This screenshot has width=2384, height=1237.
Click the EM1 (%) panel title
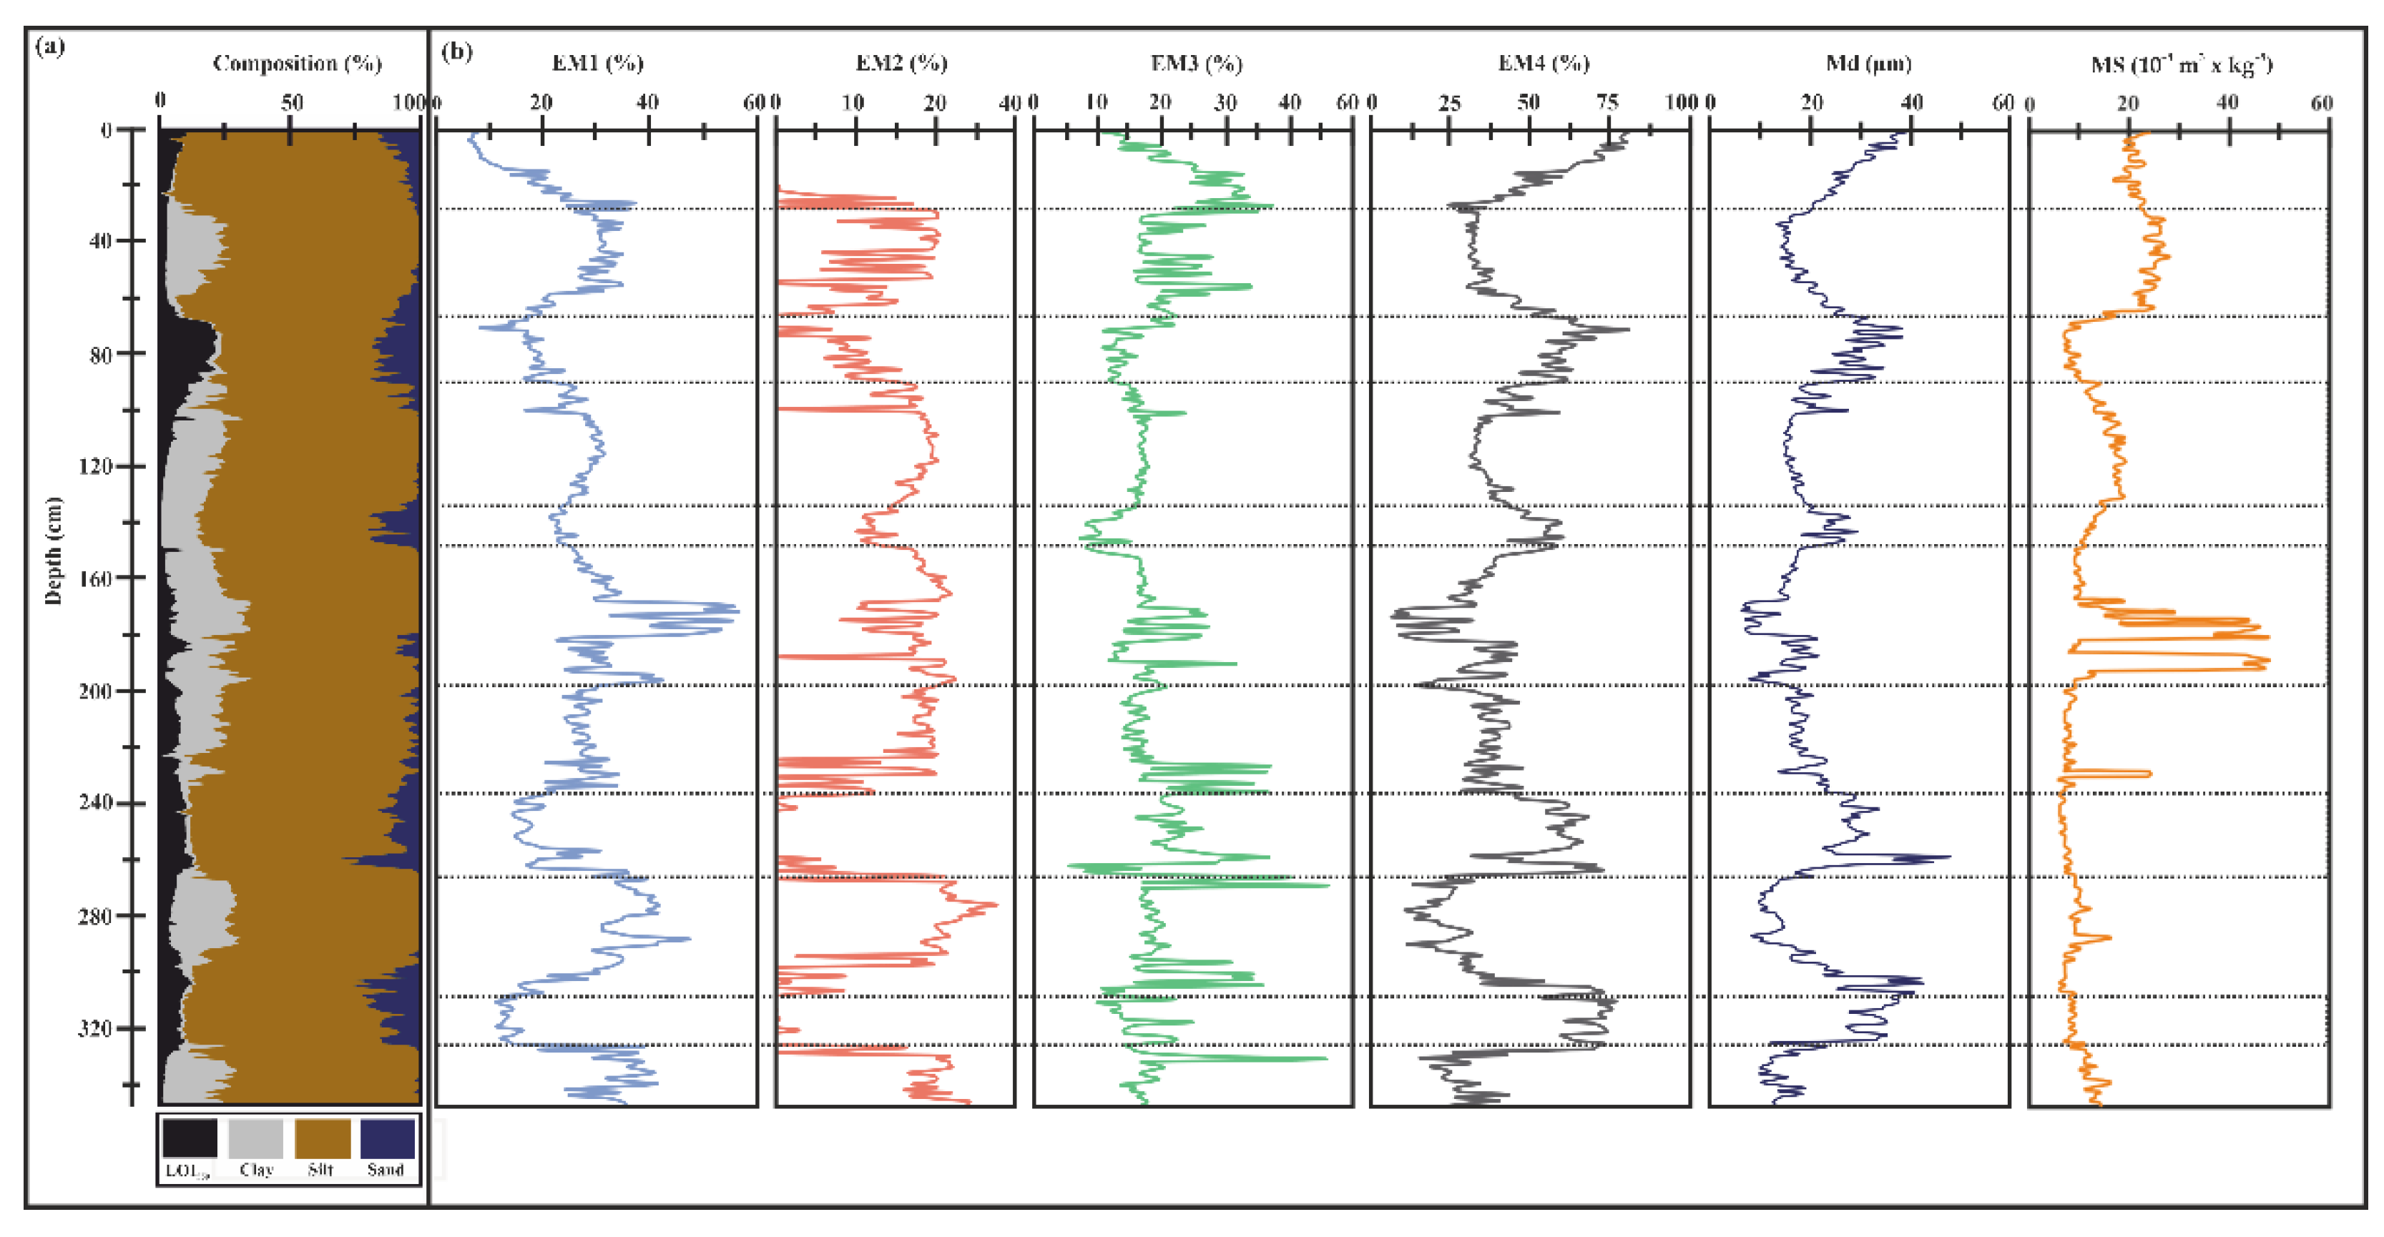[x=598, y=63]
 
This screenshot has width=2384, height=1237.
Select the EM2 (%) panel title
[x=901, y=63]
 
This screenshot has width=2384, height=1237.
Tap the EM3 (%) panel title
[x=1196, y=63]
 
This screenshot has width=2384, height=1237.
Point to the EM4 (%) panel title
[x=1544, y=63]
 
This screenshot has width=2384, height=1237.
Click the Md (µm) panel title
[x=1868, y=63]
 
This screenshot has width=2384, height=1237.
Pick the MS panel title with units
[x=2180, y=64]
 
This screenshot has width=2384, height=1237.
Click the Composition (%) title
[x=297, y=63]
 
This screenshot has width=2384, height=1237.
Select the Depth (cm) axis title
[x=54, y=551]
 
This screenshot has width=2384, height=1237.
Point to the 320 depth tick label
[x=95, y=1029]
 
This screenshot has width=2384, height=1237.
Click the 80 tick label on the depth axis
[x=101, y=355]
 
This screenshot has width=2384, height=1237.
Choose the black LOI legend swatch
[x=190, y=1138]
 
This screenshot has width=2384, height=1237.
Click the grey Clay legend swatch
[x=255, y=1138]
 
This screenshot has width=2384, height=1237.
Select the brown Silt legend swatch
[x=322, y=1138]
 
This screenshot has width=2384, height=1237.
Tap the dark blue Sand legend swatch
[x=387, y=1138]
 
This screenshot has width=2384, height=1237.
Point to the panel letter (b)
[x=456, y=51]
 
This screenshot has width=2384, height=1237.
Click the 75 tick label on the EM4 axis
[x=1607, y=103]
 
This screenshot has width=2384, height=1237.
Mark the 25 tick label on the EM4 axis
[x=1449, y=103]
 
